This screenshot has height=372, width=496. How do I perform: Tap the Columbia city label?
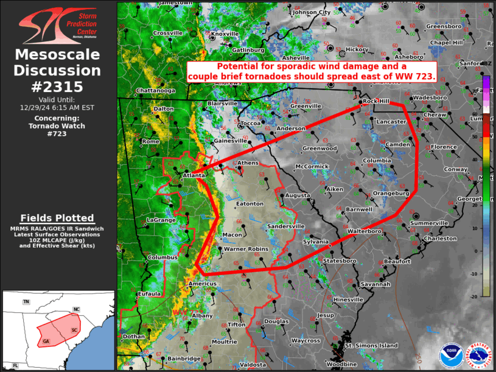point(377,161)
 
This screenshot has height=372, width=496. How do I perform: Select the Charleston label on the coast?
point(440,239)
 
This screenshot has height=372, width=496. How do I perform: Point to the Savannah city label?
point(375,284)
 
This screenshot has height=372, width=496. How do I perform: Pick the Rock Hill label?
point(375,101)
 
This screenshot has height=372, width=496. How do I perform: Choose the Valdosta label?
point(253,364)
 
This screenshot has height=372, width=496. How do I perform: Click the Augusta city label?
point(298,195)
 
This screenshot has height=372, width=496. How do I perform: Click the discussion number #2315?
point(58,86)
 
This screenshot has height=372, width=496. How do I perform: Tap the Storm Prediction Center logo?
point(58,27)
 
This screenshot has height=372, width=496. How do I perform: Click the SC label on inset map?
point(74,329)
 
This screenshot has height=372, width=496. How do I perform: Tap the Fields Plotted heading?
point(57,218)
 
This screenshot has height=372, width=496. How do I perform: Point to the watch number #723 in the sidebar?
point(58,134)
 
